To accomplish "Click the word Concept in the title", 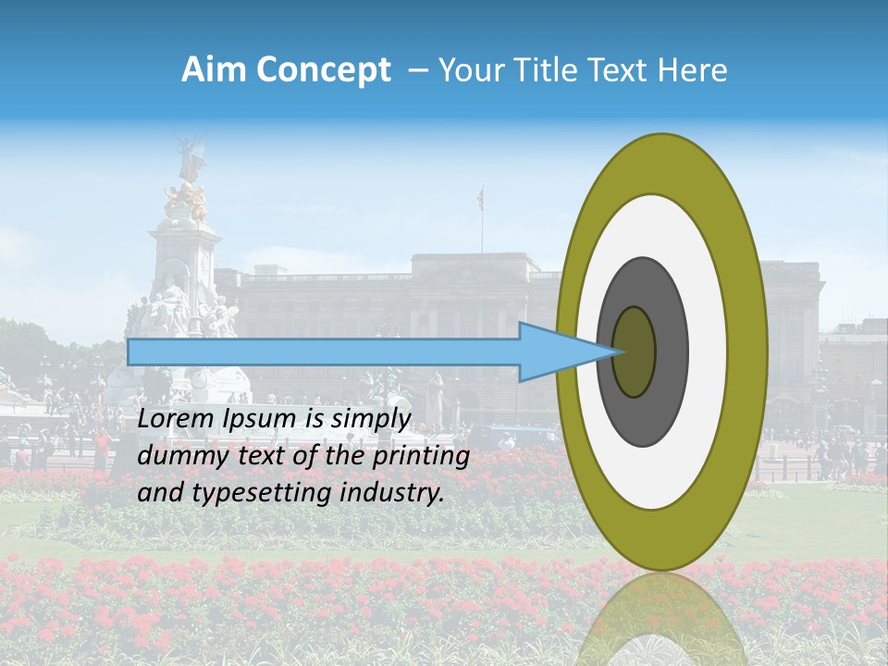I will [322, 70].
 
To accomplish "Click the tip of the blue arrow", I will [623, 351].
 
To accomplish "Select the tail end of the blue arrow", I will [130, 351].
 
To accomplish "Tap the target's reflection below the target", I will [661, 620].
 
